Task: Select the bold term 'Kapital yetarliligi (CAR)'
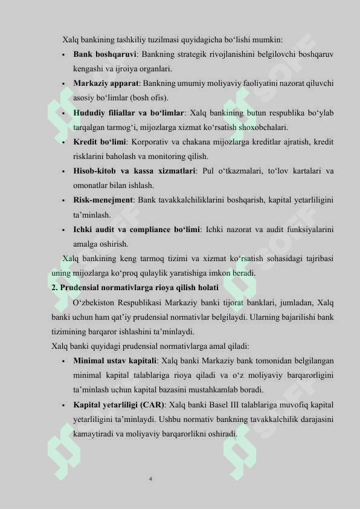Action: click(x=119, y=404)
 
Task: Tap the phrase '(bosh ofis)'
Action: click(x=150, y=98)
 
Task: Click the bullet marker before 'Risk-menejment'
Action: click(x=63, y=201)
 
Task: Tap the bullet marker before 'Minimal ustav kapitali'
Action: click(x=63, y=361)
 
